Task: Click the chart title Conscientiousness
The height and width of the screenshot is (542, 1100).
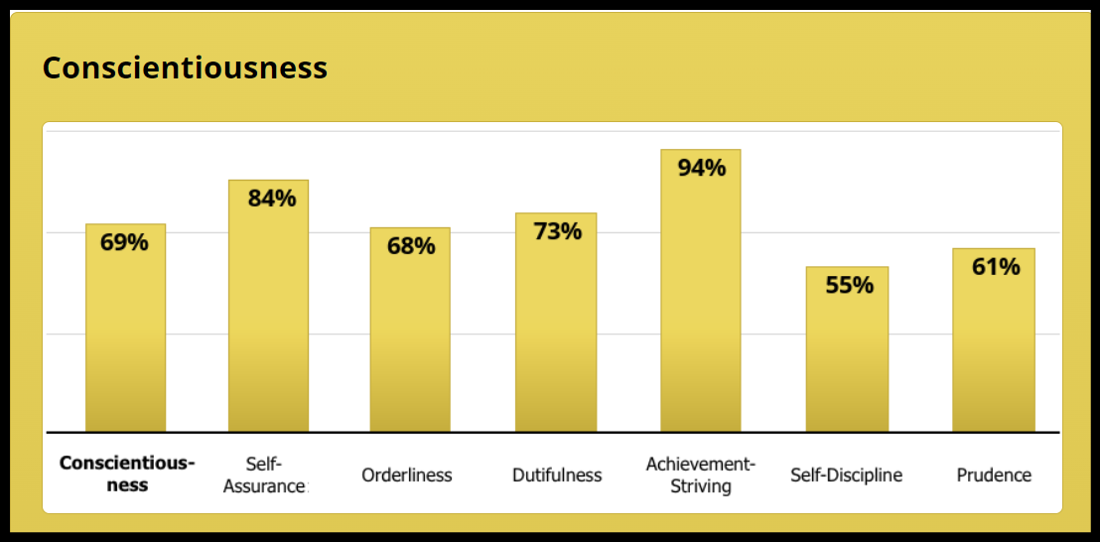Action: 185,68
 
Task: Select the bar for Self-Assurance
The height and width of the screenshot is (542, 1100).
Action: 268,318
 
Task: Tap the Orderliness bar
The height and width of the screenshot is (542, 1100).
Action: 410,338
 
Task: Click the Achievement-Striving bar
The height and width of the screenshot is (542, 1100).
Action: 701,298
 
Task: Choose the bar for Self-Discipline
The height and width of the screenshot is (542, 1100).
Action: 847,357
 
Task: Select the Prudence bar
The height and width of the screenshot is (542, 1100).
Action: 993,347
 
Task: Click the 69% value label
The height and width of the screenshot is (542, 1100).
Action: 124,241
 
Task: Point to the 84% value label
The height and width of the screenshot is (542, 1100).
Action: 271,198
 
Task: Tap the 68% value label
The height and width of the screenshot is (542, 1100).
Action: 410,245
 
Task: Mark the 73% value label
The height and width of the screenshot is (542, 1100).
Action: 557,231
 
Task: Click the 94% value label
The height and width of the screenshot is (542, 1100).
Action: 701,168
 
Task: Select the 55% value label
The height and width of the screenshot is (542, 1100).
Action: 850,285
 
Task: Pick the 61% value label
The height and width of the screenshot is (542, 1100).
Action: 995,266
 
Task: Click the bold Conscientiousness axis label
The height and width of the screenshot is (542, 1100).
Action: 127,474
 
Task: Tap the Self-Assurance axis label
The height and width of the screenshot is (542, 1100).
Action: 265,474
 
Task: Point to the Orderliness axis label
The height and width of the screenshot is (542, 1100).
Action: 407,475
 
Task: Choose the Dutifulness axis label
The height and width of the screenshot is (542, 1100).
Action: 557,475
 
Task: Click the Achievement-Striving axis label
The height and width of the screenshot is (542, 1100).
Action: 701,474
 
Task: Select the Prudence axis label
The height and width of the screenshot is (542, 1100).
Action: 994,475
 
